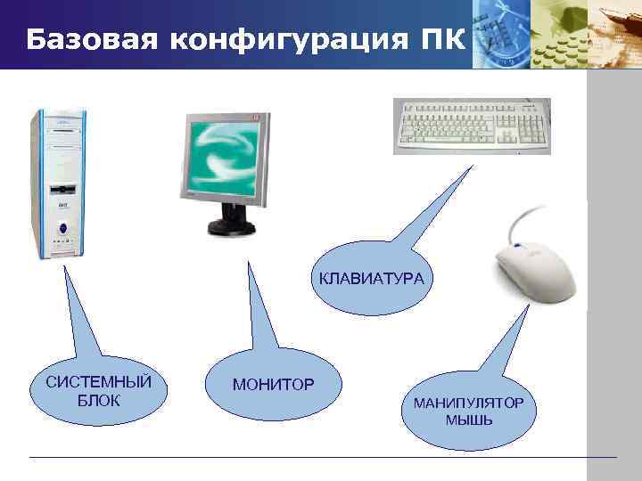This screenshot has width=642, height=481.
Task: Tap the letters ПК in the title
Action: tap(442, 40)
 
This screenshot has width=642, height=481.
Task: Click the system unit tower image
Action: tap(59, 183)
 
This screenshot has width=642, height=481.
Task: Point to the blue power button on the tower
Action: tap(62, 228)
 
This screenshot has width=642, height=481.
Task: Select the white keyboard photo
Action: tap(472, 126)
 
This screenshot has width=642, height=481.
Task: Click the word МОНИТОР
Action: tap(273, 385)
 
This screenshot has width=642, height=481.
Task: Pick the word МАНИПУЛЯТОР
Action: tap(468, 404)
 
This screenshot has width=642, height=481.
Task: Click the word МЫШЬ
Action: tap(468, 420)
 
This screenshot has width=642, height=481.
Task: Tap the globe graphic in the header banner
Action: tap(504, 36)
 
